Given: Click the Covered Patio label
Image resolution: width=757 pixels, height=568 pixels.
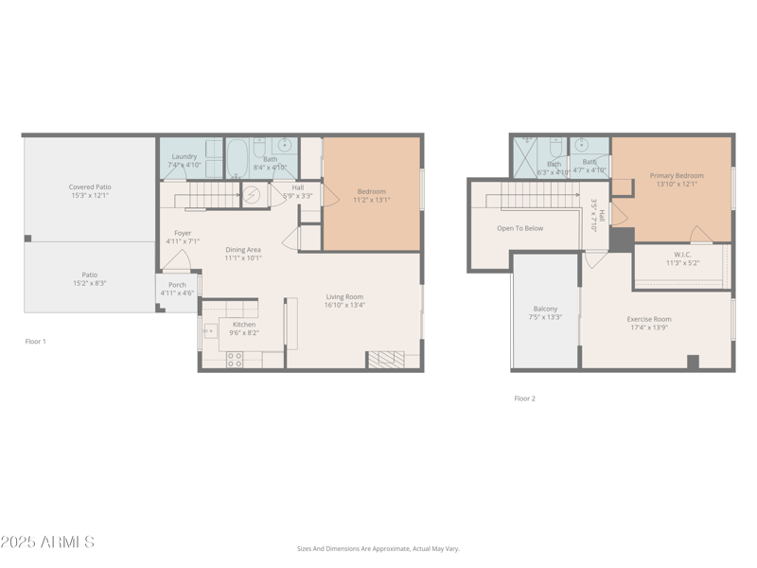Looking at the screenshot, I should click(90, 187).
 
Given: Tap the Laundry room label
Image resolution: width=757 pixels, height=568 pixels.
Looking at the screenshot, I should click(184, 156).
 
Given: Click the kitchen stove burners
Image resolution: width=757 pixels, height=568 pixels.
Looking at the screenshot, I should click(235, 359).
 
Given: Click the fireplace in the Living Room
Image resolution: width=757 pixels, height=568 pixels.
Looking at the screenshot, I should click(385, 359).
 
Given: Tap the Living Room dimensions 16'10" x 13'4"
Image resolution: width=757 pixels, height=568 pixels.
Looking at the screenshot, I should click(344, 305).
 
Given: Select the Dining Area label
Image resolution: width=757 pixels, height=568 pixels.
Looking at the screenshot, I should click(243, 250).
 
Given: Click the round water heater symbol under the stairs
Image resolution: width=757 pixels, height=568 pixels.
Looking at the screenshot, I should click(252, 195).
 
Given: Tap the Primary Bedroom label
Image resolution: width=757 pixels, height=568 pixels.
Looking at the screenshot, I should click(676, 175).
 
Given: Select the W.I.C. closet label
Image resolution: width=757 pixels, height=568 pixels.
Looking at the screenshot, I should click(682, 254).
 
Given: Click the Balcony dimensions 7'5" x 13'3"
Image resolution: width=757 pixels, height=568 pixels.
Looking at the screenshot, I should click(545, 317).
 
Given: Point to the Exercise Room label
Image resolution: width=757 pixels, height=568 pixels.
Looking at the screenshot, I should click(648, 319).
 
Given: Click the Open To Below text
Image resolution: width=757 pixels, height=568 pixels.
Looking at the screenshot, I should click(519, 228).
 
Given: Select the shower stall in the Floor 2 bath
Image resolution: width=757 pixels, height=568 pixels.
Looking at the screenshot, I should click(524, 158).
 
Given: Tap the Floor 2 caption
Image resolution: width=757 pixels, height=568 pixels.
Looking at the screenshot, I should click(524, 399).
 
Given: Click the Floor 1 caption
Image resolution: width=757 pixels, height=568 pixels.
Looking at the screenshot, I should click(35, 341).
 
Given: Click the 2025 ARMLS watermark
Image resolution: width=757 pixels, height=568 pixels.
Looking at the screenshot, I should click(47, 542).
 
